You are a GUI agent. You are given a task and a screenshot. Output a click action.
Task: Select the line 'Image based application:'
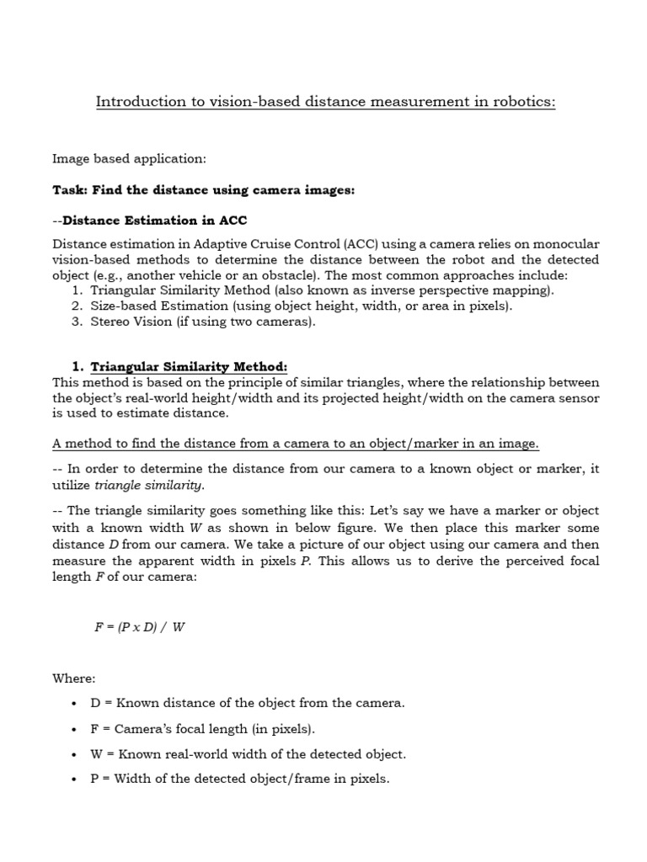pos(129,158)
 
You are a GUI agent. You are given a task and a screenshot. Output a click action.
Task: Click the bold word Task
pos(70,190)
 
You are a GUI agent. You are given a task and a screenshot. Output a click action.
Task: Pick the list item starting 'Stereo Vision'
pos(202,322)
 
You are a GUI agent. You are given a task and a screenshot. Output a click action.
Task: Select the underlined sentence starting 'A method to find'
pos(296,444)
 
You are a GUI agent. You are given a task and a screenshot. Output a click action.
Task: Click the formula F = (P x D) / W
pos(139,627)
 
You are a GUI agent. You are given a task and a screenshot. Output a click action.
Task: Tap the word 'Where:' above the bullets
pos(74,678)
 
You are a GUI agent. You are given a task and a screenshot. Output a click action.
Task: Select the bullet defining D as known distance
pos(247,703)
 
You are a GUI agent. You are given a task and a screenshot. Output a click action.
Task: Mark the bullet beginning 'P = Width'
pos(239,780)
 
